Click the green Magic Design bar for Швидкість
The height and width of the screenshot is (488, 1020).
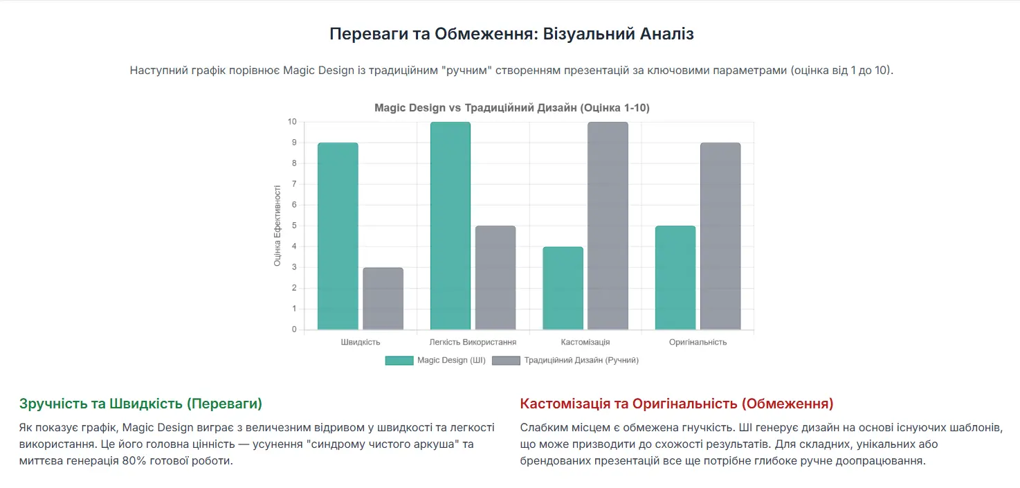pos(338,236)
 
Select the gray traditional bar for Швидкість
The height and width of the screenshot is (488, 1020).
pos(383,298)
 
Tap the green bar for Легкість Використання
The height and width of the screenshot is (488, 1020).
pos(450,226)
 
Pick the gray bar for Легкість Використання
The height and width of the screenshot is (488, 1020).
pos(495,278)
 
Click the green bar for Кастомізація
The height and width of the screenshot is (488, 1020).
pos(563,288)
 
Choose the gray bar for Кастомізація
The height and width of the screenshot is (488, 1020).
pos(608,226)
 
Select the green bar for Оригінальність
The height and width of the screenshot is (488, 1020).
pos(675,278)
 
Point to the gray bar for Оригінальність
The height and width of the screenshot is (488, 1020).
pos(720,236)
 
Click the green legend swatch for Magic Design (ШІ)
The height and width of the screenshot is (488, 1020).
pos(399,361)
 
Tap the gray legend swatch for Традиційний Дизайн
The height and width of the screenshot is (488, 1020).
pos(506,361)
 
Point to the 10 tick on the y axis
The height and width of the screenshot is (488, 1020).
pos(292,122)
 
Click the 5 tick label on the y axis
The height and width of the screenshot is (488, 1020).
pos(294,226)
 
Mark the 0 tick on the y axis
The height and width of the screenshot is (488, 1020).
pos(294,329)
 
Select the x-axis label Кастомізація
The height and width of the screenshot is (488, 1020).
pos(585,342)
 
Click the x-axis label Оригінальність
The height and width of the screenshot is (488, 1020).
pos(698,342)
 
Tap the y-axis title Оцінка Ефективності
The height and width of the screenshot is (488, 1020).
pos(277,226)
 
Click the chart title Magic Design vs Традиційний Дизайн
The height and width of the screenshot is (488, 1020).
pos(511,108)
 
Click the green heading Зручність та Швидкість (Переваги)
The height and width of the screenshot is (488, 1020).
pos(140,404)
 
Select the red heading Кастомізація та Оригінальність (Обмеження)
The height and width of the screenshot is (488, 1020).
pos(676,404)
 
